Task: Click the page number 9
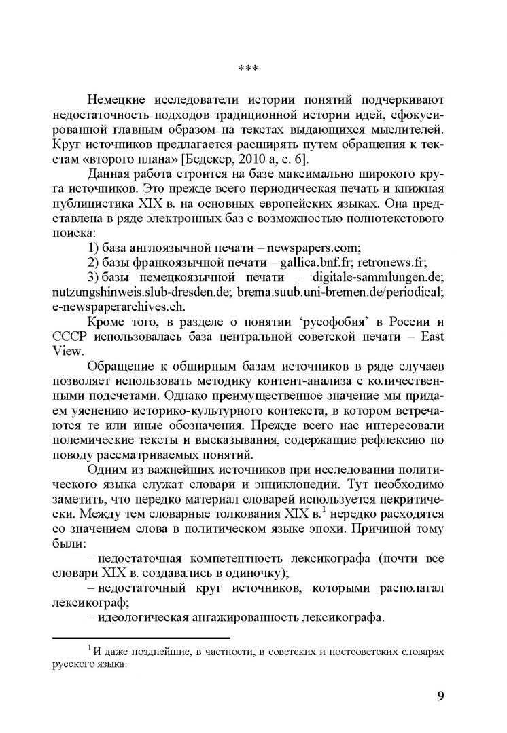440,696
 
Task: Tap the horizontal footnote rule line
141,638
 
